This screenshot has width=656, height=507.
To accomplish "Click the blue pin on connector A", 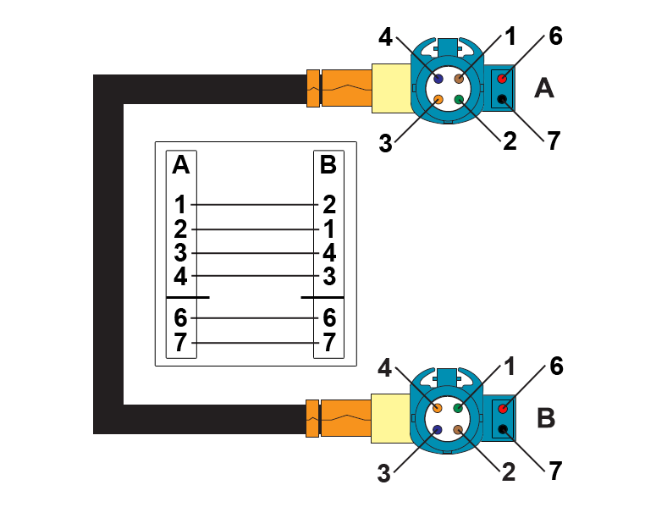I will tap(438, 79).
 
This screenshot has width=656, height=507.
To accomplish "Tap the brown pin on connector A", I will tap(459, 79).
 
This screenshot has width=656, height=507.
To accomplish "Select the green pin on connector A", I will tap(459, 100).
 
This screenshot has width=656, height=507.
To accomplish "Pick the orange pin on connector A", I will tap(438, 100).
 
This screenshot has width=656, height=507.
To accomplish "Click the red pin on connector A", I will tap(502, 79).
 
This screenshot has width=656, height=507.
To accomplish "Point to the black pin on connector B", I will tap(502, 430).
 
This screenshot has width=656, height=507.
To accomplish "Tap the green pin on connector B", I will tap(459, 408).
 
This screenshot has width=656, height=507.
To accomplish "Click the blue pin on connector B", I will tap(438, 430).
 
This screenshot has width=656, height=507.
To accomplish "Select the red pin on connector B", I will tap(502, 409).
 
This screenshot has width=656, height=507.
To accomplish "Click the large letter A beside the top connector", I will tap(544, 88).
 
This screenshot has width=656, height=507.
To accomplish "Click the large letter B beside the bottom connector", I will tap(546, 418).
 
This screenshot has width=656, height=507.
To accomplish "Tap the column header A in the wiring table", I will tap(180, 165).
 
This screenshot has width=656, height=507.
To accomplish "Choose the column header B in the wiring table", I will tap(328, 165).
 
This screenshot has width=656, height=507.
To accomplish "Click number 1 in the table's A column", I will tap(180, 204).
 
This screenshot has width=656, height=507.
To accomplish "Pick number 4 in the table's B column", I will tap(329, 252).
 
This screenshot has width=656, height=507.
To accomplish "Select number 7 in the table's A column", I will tap(180, 342).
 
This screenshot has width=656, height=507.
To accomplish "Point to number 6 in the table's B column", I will tap(329, 318).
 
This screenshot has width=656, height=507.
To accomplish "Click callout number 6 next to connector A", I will tap(555, 36).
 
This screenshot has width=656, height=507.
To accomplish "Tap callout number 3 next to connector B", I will tap(384, 473).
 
